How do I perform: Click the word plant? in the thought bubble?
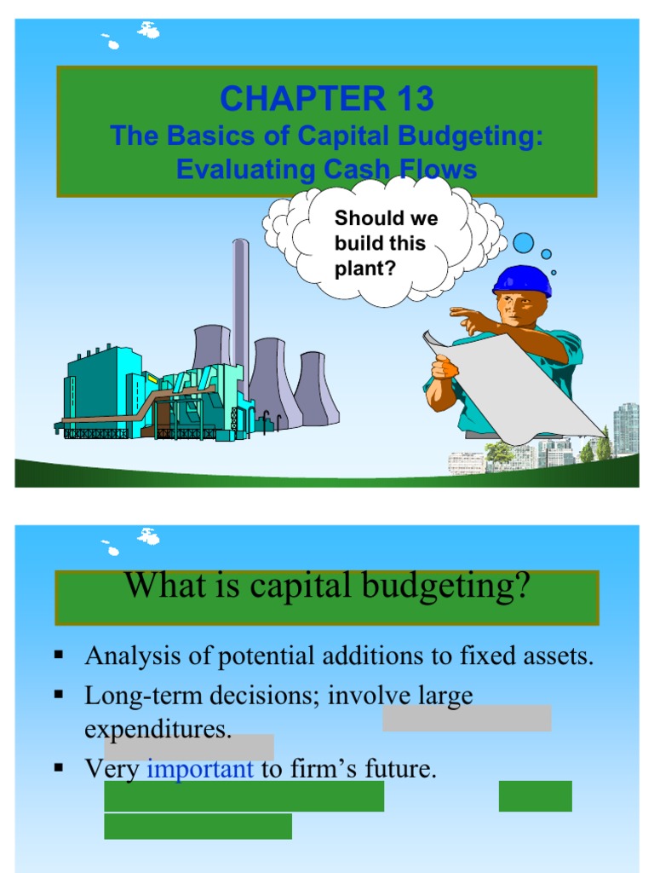click(x=365, y=268)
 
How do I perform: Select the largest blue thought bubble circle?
click(x=523, y=243)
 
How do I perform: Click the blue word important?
click(x=200, y=770)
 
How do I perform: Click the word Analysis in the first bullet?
click(x=130, y=656)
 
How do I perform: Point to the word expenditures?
click(x=158, y=730)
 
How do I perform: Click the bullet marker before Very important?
click(x=59, y=767)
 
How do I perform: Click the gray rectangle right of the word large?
click(x=467, y=718)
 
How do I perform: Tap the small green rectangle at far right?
click(x=535, y=795)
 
